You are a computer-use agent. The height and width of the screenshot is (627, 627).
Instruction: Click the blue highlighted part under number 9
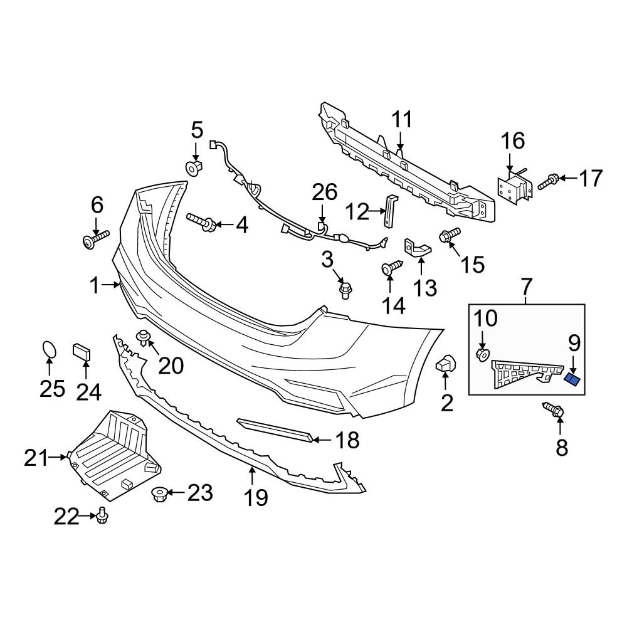(x=573, y=379)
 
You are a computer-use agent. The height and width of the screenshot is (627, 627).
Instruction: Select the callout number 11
(x=403, y=119)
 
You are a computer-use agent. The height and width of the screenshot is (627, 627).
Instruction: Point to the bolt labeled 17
(x=547, y=181)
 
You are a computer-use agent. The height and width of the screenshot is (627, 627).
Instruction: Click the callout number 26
(x=325, y=193)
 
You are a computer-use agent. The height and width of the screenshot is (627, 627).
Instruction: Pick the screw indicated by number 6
(x=95, y=239)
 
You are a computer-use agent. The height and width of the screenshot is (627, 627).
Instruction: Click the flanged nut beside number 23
(x=159, y=494)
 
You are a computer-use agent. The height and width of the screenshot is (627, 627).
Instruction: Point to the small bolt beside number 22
(x=102, y=515)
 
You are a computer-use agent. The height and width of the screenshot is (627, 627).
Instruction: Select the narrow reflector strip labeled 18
(x=276, y=430)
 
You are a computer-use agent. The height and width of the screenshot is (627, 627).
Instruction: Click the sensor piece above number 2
(x=446, y=364)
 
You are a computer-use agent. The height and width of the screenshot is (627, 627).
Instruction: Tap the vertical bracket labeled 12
(x=391, y=211)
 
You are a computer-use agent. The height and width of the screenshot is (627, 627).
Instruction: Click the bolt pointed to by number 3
(x=344, y=290)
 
